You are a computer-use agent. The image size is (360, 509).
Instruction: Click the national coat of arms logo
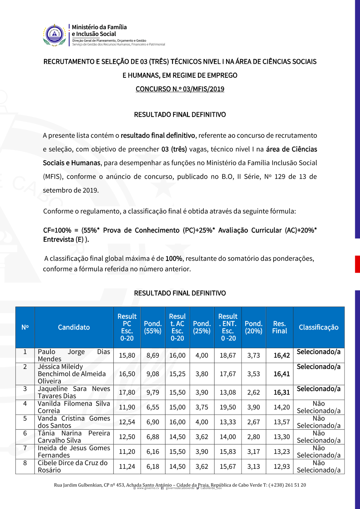pos(54,35)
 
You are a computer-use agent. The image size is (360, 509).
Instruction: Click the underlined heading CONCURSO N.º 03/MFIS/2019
pos(180,89)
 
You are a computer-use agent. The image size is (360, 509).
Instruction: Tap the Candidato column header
pos(74,327)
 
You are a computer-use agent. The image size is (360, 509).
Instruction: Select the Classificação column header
pos(319,327)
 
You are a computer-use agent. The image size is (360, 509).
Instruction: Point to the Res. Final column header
pos(279,327)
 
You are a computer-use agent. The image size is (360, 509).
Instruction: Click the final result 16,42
pos(282,356)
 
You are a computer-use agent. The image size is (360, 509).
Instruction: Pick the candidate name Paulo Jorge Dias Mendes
pos(74,355)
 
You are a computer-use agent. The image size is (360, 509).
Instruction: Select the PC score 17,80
pos(127,392)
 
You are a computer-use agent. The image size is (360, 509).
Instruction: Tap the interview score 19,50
pos(228,407)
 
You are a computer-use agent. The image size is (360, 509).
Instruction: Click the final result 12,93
pos(282,466)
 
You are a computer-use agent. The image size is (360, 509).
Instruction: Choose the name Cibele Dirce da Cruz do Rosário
pos(73,466)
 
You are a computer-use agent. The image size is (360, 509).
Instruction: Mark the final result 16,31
pos(282,392)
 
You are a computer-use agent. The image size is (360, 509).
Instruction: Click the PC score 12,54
pos(127,422)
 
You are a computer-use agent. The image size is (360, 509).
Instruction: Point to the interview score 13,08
pos(228,392)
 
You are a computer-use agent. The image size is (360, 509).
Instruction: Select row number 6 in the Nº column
pos(25,433)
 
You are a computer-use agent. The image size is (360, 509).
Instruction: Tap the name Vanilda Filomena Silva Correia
pos(74,407)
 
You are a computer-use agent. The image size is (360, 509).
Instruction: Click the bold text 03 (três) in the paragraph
pos(174,149)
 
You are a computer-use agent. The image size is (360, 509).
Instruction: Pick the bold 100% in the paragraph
pos(174,259)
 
